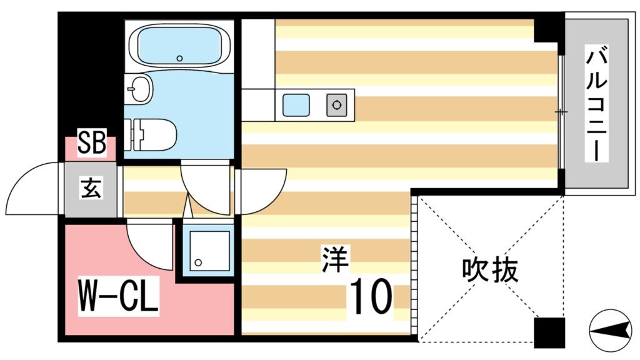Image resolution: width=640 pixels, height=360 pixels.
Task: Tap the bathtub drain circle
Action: click(x=179, y=58)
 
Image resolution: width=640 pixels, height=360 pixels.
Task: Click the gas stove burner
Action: click(x=337, y=105)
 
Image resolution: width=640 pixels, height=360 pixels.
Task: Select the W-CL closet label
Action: click(x=117, y=298)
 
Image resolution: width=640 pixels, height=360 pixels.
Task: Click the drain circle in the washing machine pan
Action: click(x=199, y=263)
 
